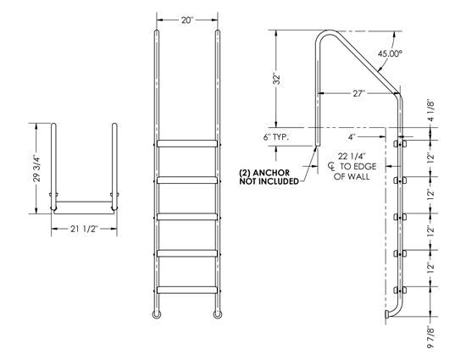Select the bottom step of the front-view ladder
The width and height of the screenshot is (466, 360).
[x=186, y=289]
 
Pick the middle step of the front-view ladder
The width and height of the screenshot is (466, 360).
[x=186, y=216]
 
